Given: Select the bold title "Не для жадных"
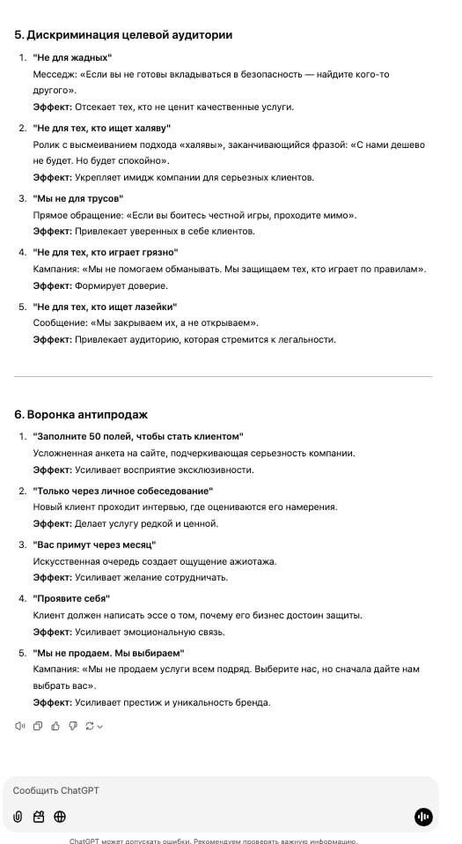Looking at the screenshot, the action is (72, 56).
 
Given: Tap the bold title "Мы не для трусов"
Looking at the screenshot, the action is (78, 198).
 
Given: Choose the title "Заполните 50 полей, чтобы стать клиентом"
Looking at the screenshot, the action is (137, 436).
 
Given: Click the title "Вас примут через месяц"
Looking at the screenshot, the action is (94, 544).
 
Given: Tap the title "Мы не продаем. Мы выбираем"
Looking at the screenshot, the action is (108, 653).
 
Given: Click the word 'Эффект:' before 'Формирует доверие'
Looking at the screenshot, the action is (52, 285).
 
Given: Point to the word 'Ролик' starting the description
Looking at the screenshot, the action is (47, 144).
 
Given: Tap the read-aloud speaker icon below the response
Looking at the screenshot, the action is (20, 726).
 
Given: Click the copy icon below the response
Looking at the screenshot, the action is (38, 726).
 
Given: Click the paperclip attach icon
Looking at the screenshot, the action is (18, 817).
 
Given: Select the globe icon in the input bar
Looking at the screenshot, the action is (60, 817).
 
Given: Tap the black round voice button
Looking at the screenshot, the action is (423, 817).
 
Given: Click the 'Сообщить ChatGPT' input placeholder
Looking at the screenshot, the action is (56, 790).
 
